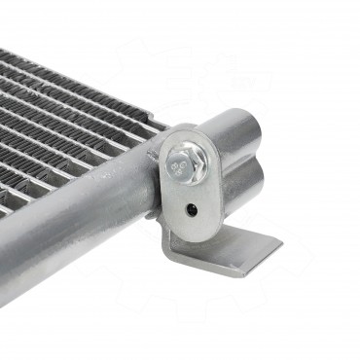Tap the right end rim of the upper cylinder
[261, 136]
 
